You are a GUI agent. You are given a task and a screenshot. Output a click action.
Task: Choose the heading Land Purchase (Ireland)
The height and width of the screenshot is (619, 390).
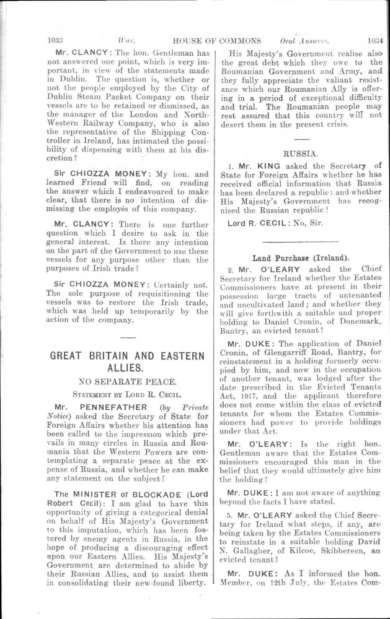pos(301,257)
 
